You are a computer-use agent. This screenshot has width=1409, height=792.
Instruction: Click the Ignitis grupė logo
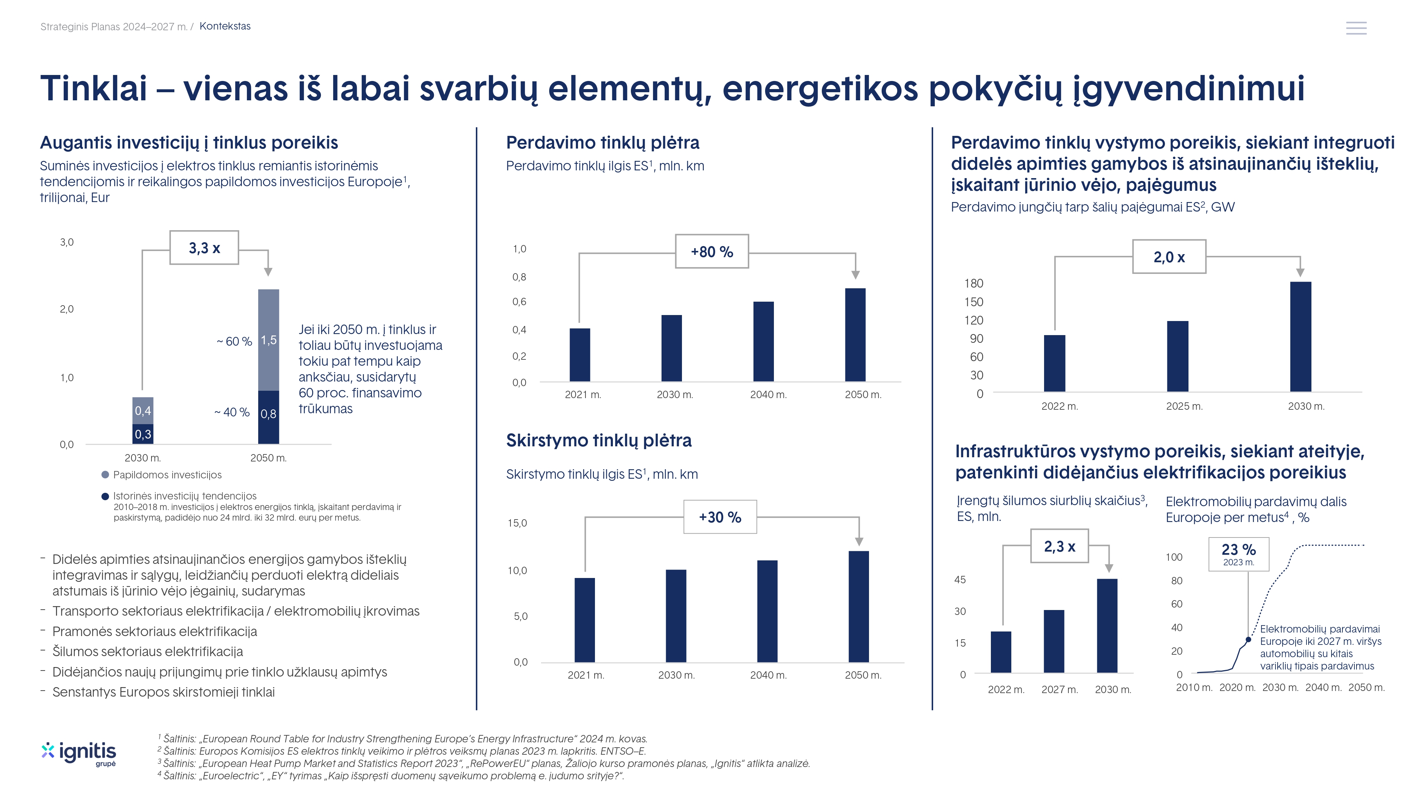click(79, 753)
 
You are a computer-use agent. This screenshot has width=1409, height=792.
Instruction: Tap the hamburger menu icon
click(1356, 28)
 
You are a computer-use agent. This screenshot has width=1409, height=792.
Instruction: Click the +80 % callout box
click(712, 251)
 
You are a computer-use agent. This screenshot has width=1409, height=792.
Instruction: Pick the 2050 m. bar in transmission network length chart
click(855, 334)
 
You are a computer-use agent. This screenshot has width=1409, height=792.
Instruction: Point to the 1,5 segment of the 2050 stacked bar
click(268, 340)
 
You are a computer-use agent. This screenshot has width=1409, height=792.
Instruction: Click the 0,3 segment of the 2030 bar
click(143, 434)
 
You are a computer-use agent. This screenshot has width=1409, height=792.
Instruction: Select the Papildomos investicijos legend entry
click(167, 475)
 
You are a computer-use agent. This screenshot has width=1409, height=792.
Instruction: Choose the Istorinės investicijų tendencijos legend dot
click(105, 497)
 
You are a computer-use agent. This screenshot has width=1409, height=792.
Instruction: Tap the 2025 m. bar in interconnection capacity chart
click(1177, 356)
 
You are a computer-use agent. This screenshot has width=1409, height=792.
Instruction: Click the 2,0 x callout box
click(1169, 257)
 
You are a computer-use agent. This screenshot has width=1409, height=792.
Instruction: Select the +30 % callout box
click(720, 517)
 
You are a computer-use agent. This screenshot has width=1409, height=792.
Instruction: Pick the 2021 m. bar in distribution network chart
click(585, 620)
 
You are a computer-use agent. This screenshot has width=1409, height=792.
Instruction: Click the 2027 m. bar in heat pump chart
click(1054, 641)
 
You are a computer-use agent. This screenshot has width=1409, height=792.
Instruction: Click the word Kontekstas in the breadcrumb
click(225, 26)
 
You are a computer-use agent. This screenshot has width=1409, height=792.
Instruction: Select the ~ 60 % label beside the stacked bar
click(234, 341)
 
